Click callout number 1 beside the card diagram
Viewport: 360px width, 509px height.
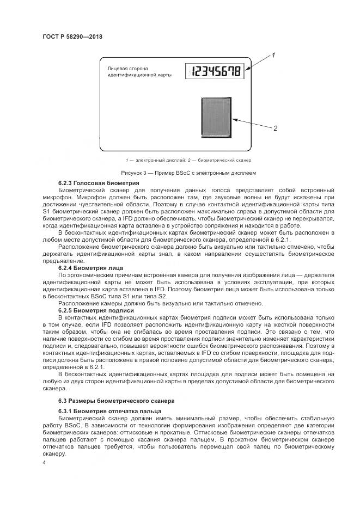(273, 56)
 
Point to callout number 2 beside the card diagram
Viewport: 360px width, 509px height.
(275, 128)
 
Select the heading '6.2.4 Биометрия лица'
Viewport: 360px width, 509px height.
(90, 268)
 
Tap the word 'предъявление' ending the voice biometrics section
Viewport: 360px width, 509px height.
(63, 261)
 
